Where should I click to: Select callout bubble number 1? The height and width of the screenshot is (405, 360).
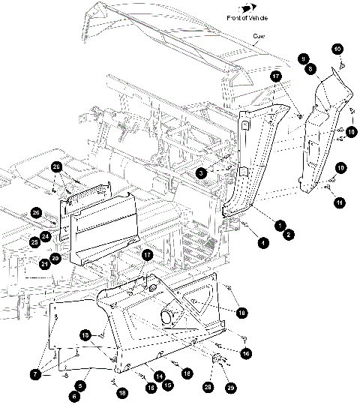click(278, 224)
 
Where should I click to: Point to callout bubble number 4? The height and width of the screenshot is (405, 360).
click(263, 242)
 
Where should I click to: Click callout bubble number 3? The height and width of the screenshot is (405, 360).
click(200, 172)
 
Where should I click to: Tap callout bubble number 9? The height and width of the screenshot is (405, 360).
click(303, 57)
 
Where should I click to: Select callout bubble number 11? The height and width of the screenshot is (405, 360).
click(340, 202)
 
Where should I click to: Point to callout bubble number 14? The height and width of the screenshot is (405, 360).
click(159, 375)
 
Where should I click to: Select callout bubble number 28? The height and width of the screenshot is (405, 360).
click(208, 387)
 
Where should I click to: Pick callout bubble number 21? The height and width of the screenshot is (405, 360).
click(44, 264)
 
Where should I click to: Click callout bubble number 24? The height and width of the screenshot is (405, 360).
click(44, 235)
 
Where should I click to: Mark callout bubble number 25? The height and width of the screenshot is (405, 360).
click(34, 241)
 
